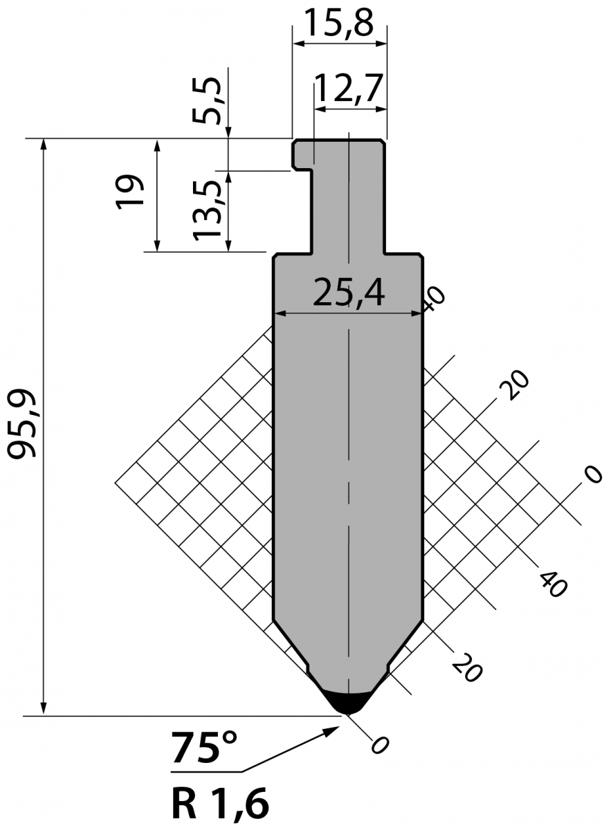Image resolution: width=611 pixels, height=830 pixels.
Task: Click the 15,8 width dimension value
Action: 339,22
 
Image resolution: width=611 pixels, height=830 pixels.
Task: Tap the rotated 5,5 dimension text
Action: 207,100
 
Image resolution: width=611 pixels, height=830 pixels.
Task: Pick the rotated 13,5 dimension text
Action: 207,210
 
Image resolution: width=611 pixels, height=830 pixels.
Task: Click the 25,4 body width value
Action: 349,293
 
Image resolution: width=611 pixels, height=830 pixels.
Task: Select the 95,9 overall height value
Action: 22,424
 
